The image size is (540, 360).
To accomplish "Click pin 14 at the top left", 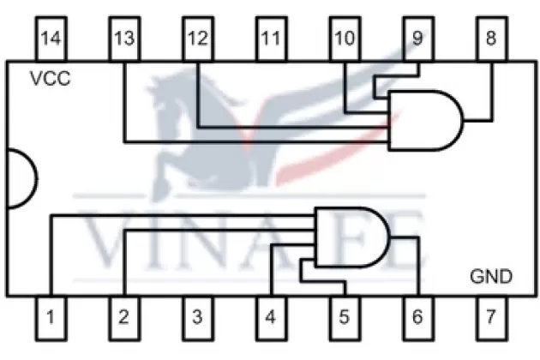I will click(51, 39).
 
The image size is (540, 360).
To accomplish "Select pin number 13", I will click(124, 39).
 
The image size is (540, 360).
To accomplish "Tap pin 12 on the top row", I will click(197, 39).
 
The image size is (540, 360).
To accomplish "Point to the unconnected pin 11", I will click(271, 39).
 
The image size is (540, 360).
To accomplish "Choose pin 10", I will click(345, 39).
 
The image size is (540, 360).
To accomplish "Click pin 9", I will click(417, 39).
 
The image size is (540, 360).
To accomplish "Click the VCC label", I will click(51, 80).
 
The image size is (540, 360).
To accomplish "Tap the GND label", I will click(491, 276).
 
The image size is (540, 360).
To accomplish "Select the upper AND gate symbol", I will click(424, 119).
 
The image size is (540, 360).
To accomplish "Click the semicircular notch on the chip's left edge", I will click(21, 178).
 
